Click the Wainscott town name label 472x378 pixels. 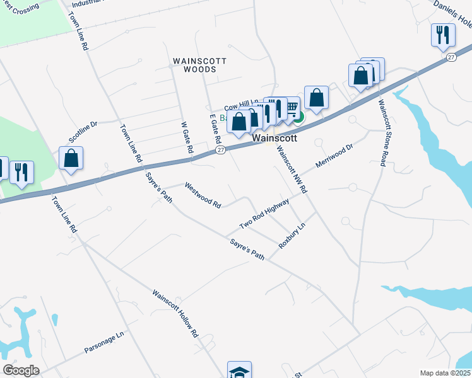274,137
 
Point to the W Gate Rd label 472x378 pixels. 186,138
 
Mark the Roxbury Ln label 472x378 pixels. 292,236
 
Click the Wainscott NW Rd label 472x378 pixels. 292,171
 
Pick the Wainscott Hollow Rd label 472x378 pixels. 175,312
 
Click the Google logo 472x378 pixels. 21,370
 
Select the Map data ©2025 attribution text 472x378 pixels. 445,373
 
